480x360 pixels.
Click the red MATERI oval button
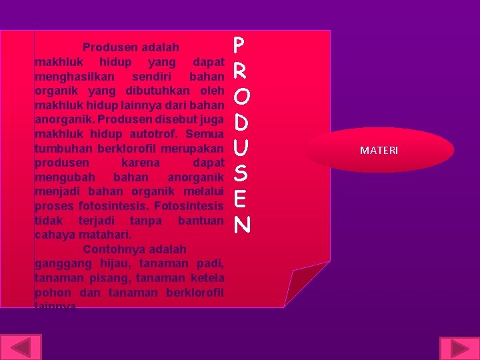[379, 151]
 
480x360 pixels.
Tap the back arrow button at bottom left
[22, 348]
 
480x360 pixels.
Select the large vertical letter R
[240, 71]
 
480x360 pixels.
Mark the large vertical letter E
[241, 199]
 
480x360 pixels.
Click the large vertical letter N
[241, 225]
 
